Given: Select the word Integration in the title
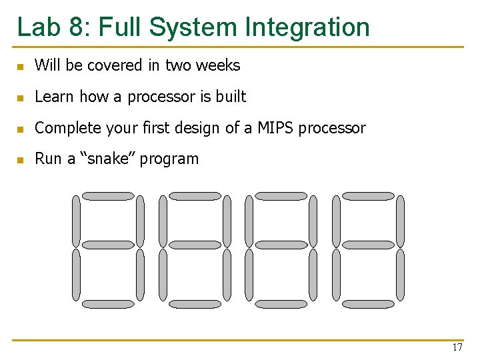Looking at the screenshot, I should click(x=307, y=27).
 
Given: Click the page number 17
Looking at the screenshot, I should click(x=457, y=347).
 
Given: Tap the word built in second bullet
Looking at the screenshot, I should click(x=231, y=97).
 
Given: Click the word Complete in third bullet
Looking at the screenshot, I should click(x=63, y=128).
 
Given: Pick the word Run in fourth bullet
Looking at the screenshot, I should click(x=47, y=159).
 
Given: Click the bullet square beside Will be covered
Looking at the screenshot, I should click(x=21, y=67).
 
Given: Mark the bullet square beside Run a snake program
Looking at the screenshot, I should click(x=21, y=160).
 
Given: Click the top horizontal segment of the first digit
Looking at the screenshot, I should click(x=107, y=196).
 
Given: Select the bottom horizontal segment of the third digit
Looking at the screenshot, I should click(x=281, y=304).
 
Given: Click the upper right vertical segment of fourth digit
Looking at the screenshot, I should click(x=400, y=220).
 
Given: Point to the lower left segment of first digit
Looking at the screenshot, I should click(x=76, y=274).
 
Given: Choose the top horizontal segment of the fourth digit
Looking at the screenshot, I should click(x=368, y=196).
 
